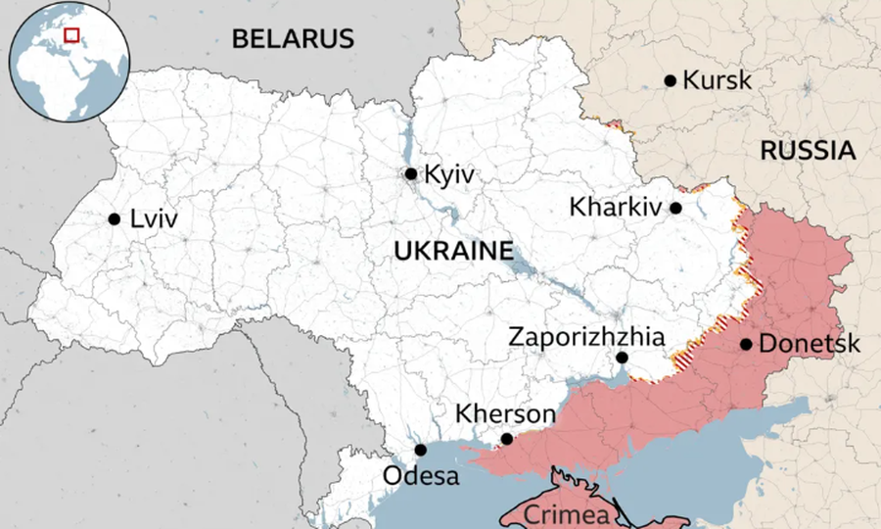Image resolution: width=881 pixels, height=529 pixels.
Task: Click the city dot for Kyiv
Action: tap(411, 174)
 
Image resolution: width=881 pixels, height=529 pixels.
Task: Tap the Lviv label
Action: tap(154, 218)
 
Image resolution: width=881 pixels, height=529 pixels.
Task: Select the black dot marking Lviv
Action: tap(115, 218)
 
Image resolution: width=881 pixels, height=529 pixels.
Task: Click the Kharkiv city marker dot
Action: tap(675, 208)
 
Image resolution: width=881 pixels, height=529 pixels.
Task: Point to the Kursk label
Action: tap(717, 80)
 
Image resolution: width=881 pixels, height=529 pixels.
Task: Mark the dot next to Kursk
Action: tap(671, 80)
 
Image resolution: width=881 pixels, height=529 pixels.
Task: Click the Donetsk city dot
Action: tap(746, 344)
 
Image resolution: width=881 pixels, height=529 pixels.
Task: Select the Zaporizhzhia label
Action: tap(586, 337)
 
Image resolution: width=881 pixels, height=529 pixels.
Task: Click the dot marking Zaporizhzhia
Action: tap(622, 358)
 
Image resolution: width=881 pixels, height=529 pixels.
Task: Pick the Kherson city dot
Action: tap(506, 439)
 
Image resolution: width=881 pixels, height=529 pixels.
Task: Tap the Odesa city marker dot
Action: tap(421, 451)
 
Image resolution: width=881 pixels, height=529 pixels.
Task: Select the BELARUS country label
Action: tap(292, 39)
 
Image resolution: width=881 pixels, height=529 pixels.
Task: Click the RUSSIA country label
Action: tap(808, 151)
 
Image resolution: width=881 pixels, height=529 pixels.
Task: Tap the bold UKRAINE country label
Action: tap(453, 251)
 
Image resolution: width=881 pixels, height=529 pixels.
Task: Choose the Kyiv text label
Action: tap(450, 174)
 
